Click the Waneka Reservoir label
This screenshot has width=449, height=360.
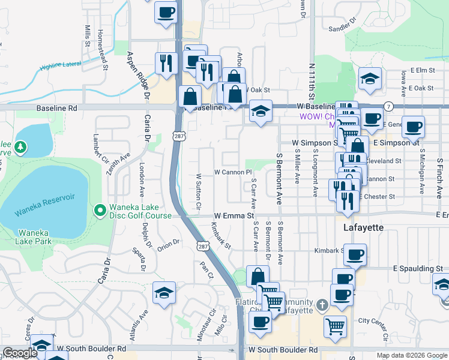tap(46, 197)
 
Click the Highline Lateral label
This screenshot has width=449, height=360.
tap(60, 66)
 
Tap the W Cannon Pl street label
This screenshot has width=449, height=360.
tap(233, 172)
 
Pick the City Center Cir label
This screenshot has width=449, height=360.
tap(375, 320)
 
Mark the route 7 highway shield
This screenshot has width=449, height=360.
tap(389, 106)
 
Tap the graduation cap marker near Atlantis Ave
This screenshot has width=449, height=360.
tap(164, 293)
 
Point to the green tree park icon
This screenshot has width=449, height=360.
tap(20, 146)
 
